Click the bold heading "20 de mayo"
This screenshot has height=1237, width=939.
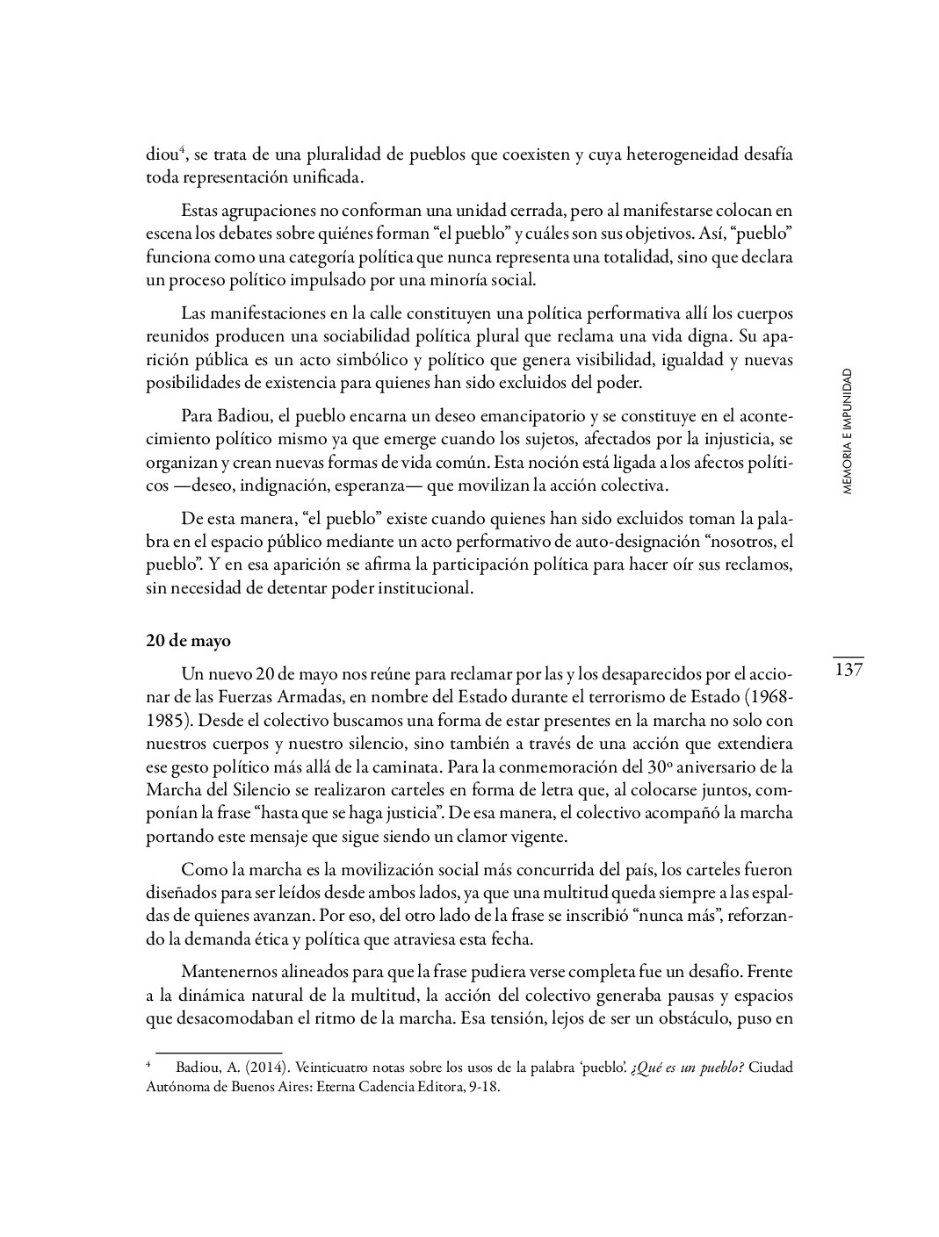click(x=188, y=641)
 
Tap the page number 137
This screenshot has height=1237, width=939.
click(x=849, y=671)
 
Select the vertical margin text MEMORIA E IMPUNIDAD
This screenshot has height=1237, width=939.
click(x=847, y=431)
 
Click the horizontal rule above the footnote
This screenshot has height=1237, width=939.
click(x=219, y=1052)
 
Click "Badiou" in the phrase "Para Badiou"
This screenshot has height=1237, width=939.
click(x=239, y=415)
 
